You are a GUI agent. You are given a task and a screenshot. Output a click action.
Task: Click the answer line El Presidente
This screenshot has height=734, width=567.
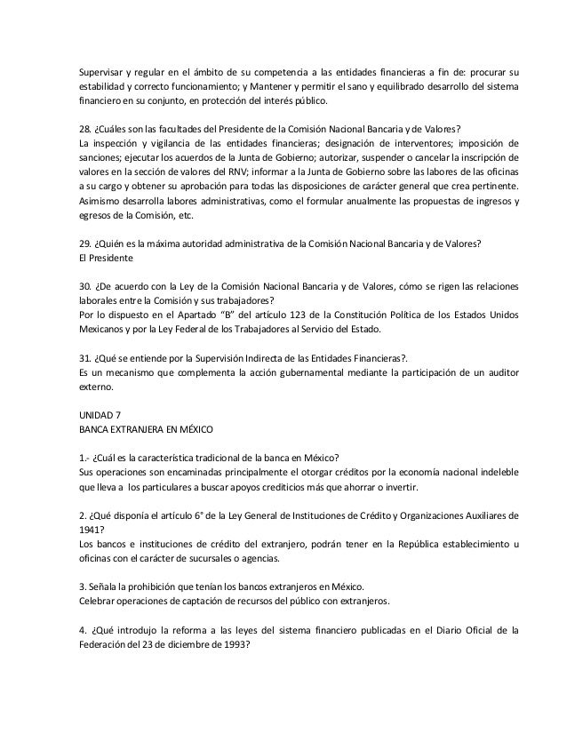pyautogui.click(x=106, y=258)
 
